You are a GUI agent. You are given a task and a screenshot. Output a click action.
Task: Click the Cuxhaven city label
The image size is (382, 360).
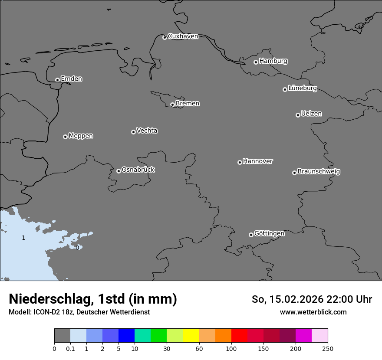point(183,36)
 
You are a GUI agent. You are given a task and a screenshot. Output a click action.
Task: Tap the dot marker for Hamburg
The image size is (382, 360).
point(256,62)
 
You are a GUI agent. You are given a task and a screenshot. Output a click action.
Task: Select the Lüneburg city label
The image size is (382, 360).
point(302,88)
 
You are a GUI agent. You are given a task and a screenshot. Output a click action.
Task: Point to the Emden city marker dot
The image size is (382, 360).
point(57,80)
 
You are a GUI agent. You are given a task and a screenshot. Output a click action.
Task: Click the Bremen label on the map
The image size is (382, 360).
point(188,104)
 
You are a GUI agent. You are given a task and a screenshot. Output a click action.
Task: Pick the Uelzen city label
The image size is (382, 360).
point(311,114)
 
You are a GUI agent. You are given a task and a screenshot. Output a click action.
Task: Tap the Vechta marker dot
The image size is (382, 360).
point(133,132)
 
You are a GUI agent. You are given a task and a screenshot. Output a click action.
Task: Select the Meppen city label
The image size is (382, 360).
point(81,136)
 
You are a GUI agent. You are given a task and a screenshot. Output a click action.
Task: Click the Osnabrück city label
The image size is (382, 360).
point(138,170)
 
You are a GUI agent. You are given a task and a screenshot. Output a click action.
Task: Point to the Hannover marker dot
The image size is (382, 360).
point(240,162)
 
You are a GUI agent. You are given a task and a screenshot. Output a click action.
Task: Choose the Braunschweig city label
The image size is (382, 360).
point(319,172)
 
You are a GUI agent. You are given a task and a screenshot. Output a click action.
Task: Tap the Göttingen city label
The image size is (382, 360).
point(269,234)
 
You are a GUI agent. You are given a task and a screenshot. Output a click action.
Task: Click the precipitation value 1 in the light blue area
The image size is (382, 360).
point(23,238)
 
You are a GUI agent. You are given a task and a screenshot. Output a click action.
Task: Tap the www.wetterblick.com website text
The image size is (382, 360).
point(313,312)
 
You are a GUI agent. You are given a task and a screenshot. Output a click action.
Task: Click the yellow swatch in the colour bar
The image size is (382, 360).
point(191,336)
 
